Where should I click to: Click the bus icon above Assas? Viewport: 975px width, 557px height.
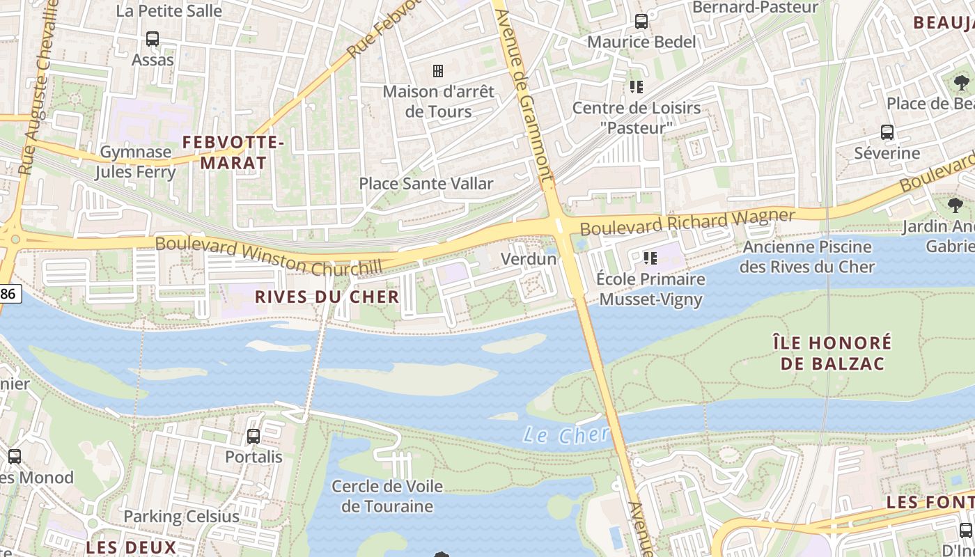point(153,39)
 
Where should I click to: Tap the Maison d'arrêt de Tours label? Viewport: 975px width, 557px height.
point(439,101)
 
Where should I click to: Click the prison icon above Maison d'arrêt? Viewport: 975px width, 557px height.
point(438,71)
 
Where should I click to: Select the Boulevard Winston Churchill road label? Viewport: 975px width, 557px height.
point(269,256)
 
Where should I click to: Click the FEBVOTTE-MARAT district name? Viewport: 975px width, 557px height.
point(233,153)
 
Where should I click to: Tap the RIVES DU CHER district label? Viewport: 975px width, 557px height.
point(327,297)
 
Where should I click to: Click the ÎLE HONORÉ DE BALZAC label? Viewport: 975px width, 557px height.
point(832,353)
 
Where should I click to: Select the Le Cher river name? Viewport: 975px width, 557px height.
point(565,436)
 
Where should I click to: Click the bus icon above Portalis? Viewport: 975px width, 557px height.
point(253,437)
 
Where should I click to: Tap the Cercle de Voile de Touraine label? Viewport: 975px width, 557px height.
point(387,496)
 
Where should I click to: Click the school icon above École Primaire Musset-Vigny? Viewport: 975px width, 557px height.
point(650,259)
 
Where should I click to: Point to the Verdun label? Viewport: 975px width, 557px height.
point(529,259)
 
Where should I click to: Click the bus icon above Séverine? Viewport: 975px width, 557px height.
point(887,132)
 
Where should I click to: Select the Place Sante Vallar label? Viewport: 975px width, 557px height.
point(426,184)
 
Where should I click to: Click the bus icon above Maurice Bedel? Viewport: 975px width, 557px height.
point(641,22)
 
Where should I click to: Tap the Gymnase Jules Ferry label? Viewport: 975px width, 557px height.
point(136,162)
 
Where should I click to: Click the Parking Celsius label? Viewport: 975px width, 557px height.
point(181,517)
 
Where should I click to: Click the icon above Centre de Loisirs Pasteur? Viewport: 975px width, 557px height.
point(636,87)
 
